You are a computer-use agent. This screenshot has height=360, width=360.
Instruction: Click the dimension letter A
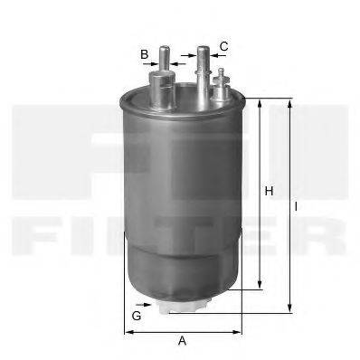pyautogui.click(x=182, y=341)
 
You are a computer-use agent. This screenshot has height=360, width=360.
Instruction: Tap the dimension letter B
pyautogui.click(x=144, y=54)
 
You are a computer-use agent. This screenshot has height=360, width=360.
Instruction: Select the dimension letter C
pyautogui.click(x=223, y=46)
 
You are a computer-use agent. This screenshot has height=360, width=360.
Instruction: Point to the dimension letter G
pyautogui.click(x=137, y=316)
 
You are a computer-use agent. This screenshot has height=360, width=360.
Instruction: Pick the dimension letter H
pyautogui.click(x=269, y=191)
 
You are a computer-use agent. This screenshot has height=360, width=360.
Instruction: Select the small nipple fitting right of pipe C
pyautogui.click(x=219, y=87)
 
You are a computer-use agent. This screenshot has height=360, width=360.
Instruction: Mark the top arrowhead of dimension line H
pyautogui.click(x=261, y=104)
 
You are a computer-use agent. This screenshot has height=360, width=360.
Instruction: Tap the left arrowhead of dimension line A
pyautogui.click(x=127, y=331)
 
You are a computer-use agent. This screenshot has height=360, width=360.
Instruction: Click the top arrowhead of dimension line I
pyautogui.click(x=289, y=102)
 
